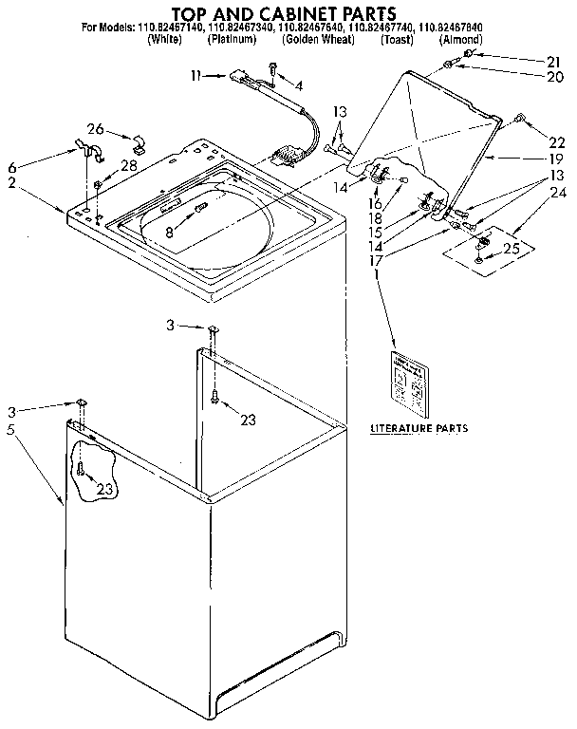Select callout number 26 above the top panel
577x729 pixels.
tap(94, 129)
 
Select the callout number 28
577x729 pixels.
tap(127, 166)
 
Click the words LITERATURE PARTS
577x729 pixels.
tap(419, 429)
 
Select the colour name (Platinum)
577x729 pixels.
tap(233, 40)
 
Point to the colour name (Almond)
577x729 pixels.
tap(462, 40)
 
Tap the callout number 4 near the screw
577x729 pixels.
tap(300, 85)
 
